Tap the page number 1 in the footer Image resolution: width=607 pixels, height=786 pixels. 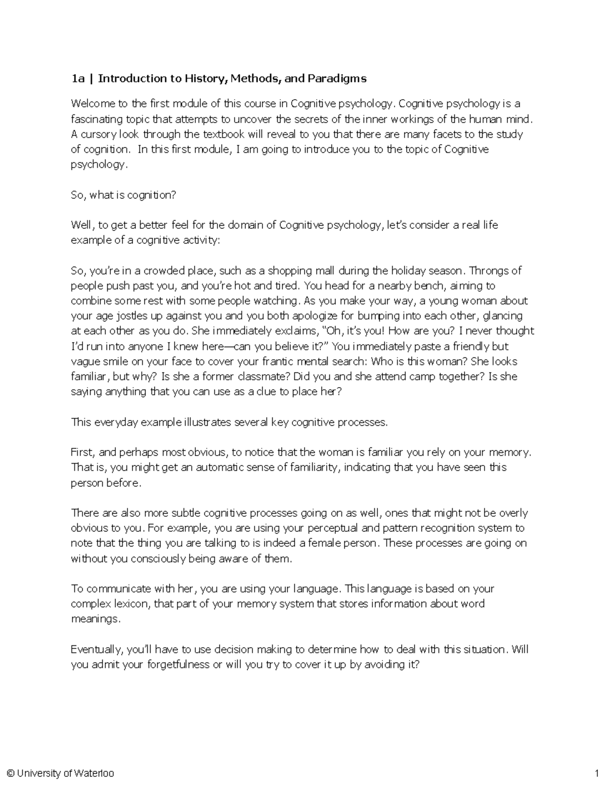(x=597, y=773)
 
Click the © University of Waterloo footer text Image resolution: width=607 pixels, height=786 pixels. (x=60, y=773)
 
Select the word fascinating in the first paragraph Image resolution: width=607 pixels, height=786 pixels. (x=97, y=119)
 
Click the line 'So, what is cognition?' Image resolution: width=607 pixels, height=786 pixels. (x=123, y=195)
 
